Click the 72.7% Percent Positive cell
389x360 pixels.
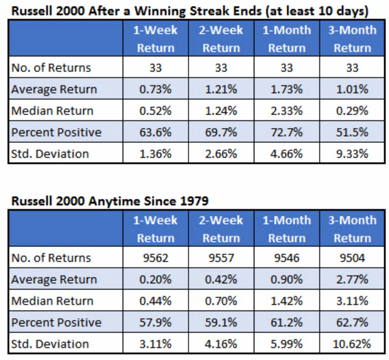point(287,132)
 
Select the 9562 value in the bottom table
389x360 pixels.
point(156,258)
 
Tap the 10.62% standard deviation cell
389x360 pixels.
point(352,344)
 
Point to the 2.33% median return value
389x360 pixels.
point(287,111)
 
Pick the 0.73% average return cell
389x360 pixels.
point(156,89)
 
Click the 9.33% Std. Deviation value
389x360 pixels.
point(352,154)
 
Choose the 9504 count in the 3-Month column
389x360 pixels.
point(352,258)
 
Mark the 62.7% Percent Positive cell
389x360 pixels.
point(352,322)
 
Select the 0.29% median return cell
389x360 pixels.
point(352,111)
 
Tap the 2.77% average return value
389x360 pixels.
point(352,279)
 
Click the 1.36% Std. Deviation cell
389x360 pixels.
point(156,154)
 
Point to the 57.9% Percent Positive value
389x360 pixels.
point(156,322)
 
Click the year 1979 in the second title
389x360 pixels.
point(194,201)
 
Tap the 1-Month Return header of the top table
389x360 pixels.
point(287,39)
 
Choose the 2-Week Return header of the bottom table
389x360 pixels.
point(221,229)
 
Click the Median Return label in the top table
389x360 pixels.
point(52,111)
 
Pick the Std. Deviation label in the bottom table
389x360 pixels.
point(50,344)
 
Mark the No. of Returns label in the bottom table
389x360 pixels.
point(51,258)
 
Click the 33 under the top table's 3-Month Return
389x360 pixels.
point(352,68)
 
